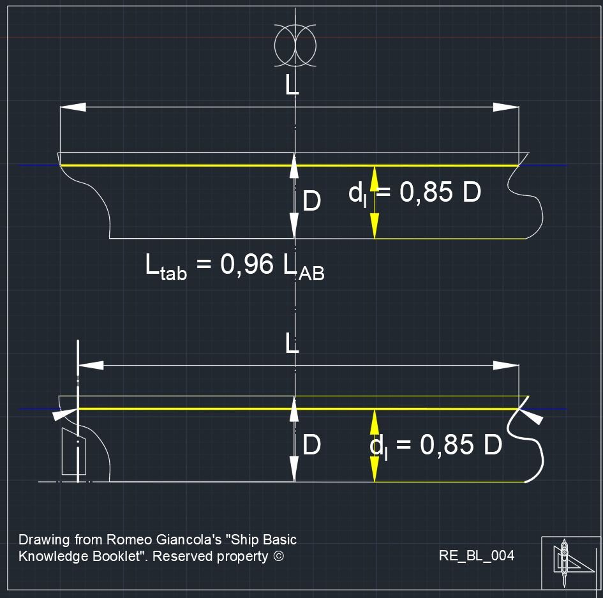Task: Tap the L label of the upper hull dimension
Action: [292, 85]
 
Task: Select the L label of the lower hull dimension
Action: [292, 343]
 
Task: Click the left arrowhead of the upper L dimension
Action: [73, 107]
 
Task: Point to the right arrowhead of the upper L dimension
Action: [506, 107]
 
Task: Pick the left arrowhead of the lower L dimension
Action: [91, 365]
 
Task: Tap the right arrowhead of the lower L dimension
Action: [506, 365]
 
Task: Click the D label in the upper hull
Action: [311, 201]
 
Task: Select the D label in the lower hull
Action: [311, 445]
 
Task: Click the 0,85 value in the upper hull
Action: [426, 192]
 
